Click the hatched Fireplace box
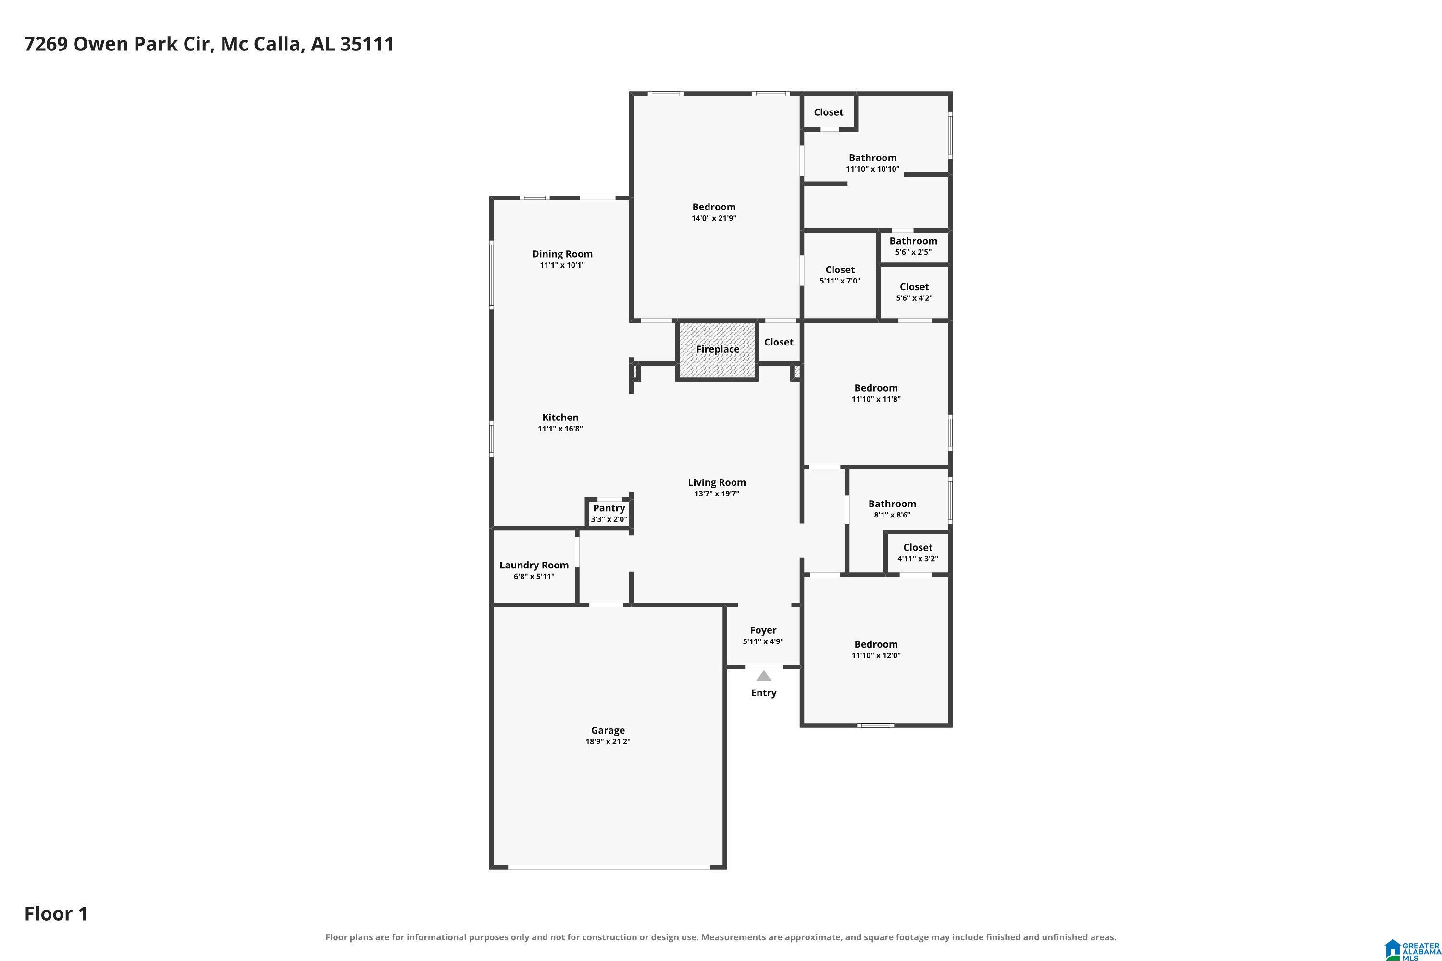pyautogui.click(x=717, y=350)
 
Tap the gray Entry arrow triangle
pyautogui.click(x=763, y=676)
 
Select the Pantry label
pyautogui.click(x=609, y=508)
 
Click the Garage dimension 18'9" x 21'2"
pyautogui.click(x=608, y=741)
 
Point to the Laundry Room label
pyautogui.click(x=534, y=565)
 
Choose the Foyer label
pyautogui.click(x=763, y=630)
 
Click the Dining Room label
pyautogui.click(x=562, y=254)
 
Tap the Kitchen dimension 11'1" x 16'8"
pyautogui.click(x=560, y=429)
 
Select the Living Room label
pyautogui.click(x=717, y=482)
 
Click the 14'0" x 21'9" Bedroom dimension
pyautogui.click(x=714, y=218)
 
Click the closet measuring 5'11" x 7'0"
pyautogui.click(x=840, y=275)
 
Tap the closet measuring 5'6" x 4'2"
pyautogui.click(x=914, y=292)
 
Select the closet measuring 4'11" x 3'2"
pyautogui.click(x=918, y=553)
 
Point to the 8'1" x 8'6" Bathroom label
pyautogui.click(x=892, y=504)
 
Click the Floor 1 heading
pyautogui.click(x=56, y=913)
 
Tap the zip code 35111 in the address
pyautogui.click(x=367, y=44)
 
